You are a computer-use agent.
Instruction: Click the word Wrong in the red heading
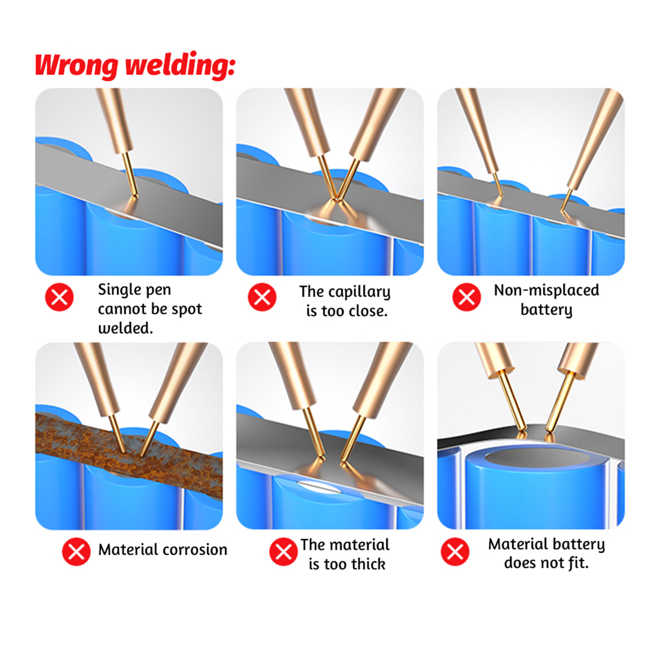76,65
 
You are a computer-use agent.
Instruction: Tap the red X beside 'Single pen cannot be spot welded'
60,297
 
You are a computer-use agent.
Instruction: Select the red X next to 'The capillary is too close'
262,297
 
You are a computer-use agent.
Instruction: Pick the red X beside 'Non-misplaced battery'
467,297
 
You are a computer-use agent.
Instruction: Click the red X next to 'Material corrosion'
76,552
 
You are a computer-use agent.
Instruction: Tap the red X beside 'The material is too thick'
283,552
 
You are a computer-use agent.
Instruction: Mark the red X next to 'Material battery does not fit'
455,552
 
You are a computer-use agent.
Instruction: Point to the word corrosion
195,550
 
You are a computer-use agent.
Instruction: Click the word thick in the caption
368,564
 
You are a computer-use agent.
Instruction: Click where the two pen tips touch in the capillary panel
335,199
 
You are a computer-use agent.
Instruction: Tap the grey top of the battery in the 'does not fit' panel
537,458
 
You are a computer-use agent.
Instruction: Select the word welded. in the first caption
125,328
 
